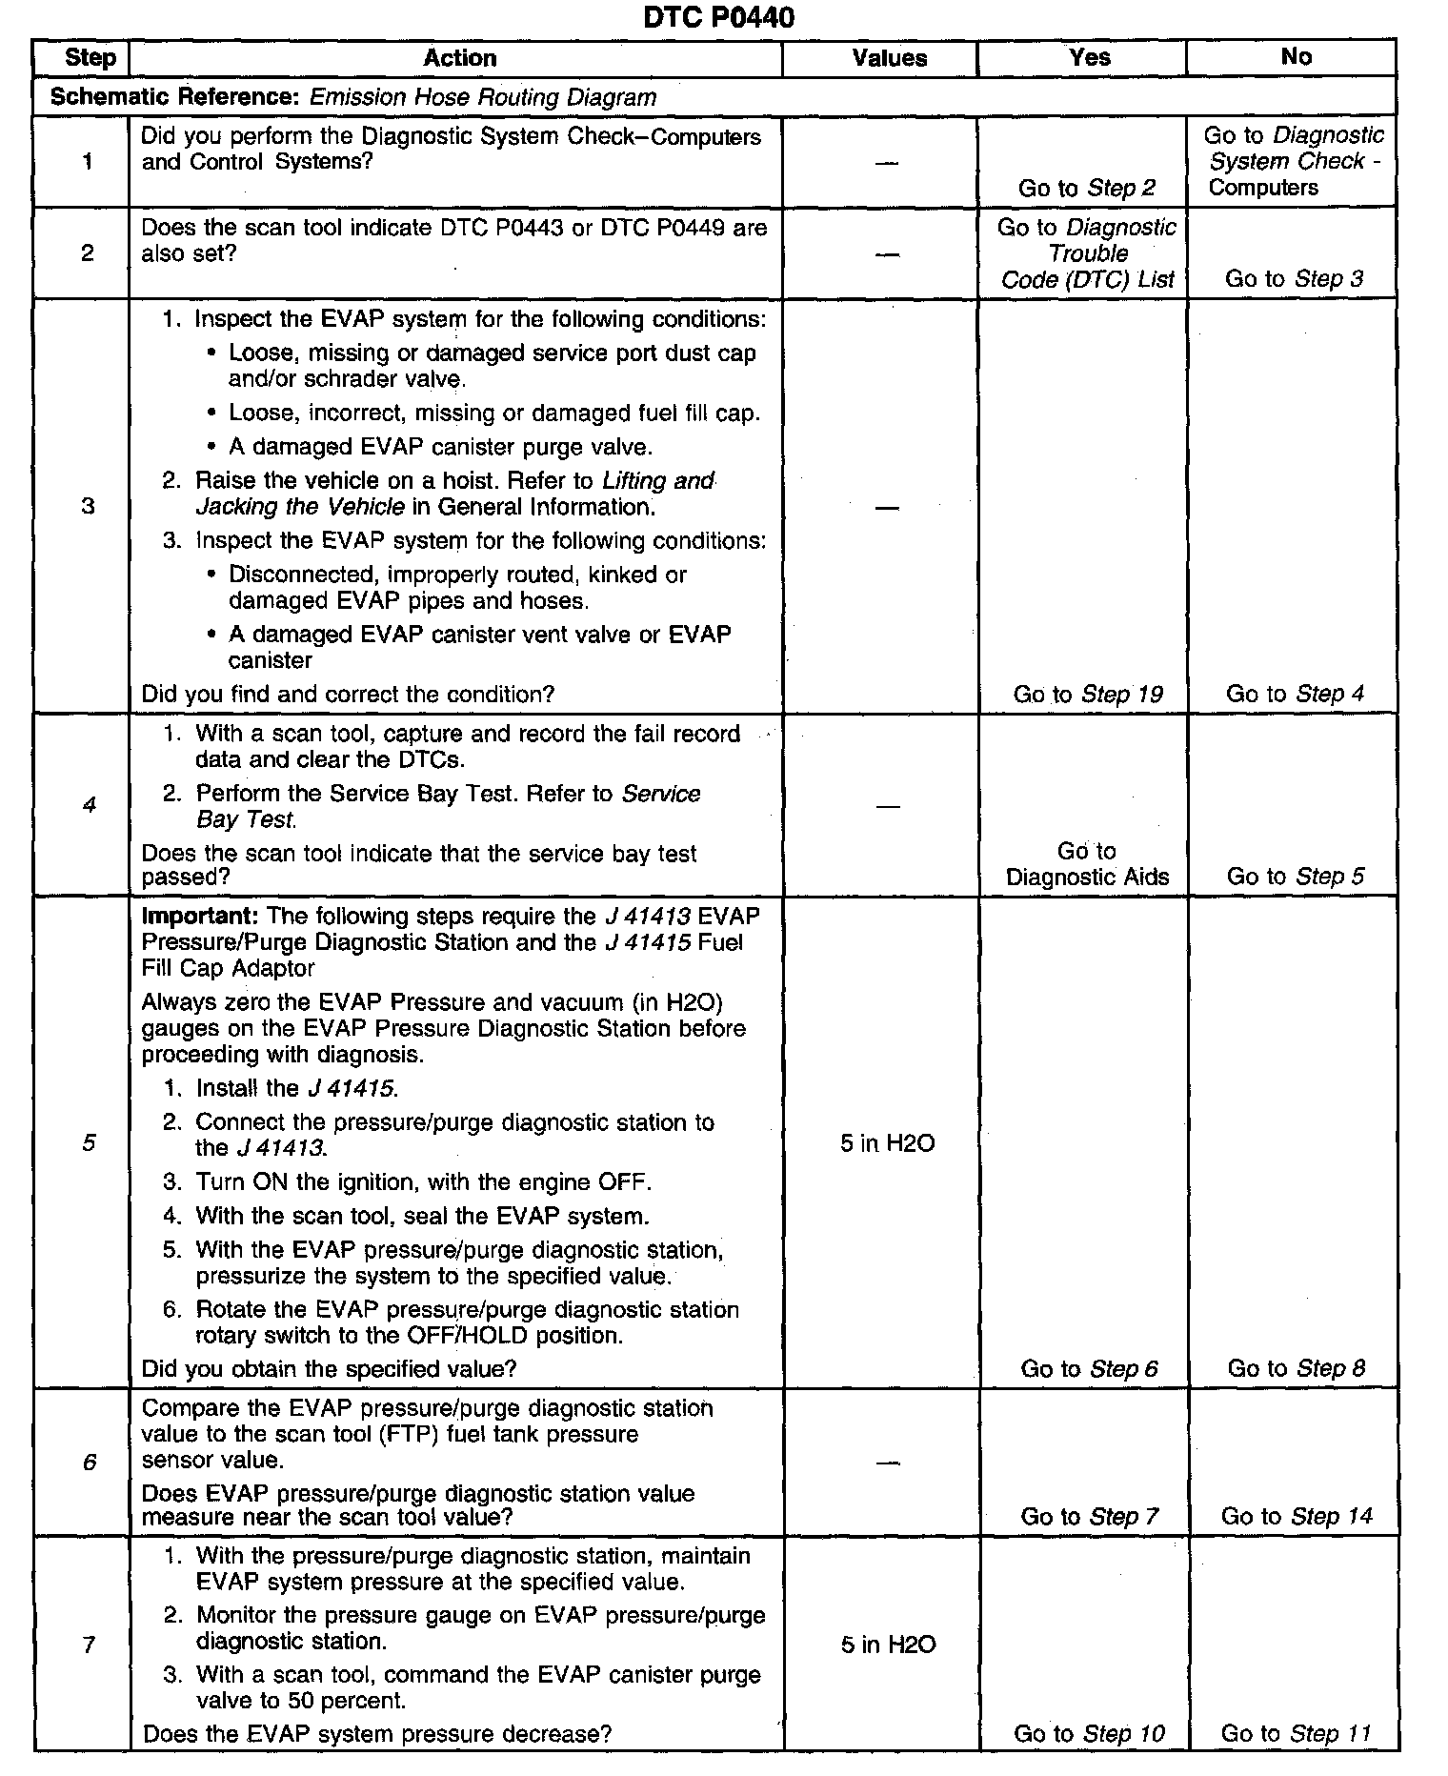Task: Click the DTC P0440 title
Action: [718, 17]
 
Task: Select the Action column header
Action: [459, 58]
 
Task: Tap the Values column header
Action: [889, 58]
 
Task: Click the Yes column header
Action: [1089, 58]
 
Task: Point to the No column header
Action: [1296, 57]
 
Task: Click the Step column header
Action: [90, 58]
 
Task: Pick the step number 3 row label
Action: [89, 506]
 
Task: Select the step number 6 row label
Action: [90, 1462]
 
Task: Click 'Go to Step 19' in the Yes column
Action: [1088, 695]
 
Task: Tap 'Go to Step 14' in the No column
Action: [1297, 1516]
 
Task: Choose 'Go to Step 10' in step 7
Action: [1089, 1733]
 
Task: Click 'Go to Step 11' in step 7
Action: [1296, 1733]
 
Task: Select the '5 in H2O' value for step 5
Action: [887, 1142]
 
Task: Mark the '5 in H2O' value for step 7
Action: [888, 1644]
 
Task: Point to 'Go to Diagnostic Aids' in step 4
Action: [1087, 864]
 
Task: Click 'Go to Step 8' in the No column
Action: [1296, 1369]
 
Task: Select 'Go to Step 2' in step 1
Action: [1086, 188]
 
